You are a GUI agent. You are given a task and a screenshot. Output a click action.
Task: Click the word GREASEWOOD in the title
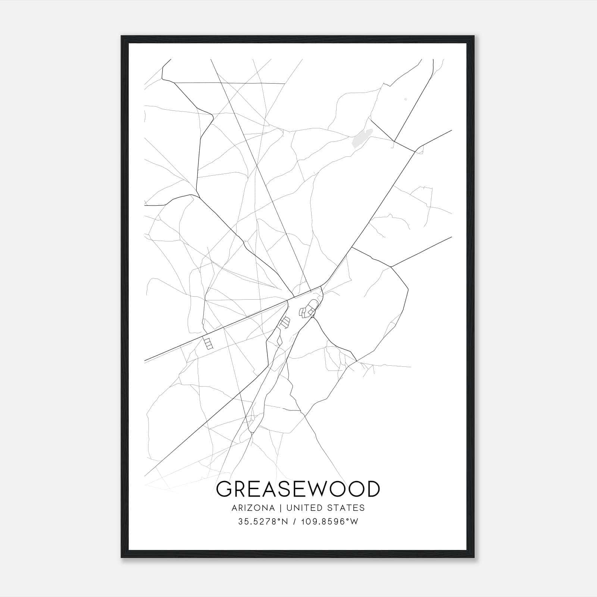298,489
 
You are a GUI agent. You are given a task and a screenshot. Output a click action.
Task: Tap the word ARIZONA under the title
253,508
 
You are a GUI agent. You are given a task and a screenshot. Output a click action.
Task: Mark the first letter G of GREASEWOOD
225,489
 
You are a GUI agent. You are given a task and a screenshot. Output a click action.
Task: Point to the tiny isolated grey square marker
406,99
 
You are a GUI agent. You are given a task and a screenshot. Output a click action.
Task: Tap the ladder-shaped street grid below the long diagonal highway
208,343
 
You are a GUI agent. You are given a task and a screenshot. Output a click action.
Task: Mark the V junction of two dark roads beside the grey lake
394,141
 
